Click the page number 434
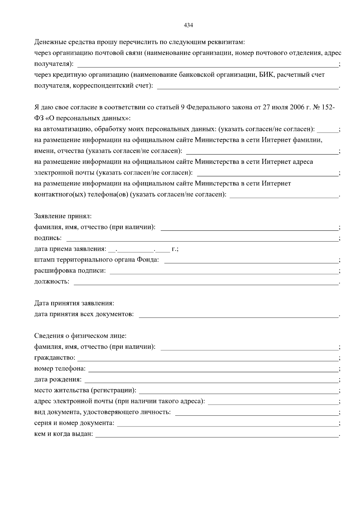pyautogui.click(x=188, y=25)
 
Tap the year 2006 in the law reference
pyautogui.click(x=297, y=107)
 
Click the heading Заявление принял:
pyautogui.click(x=63, y=216)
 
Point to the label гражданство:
pyautogui.click(x=55, y=358)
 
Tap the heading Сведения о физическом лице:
pyautogui.click(x=80, y=336)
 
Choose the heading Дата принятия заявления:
pyautogui.click(x=74, y=303)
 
